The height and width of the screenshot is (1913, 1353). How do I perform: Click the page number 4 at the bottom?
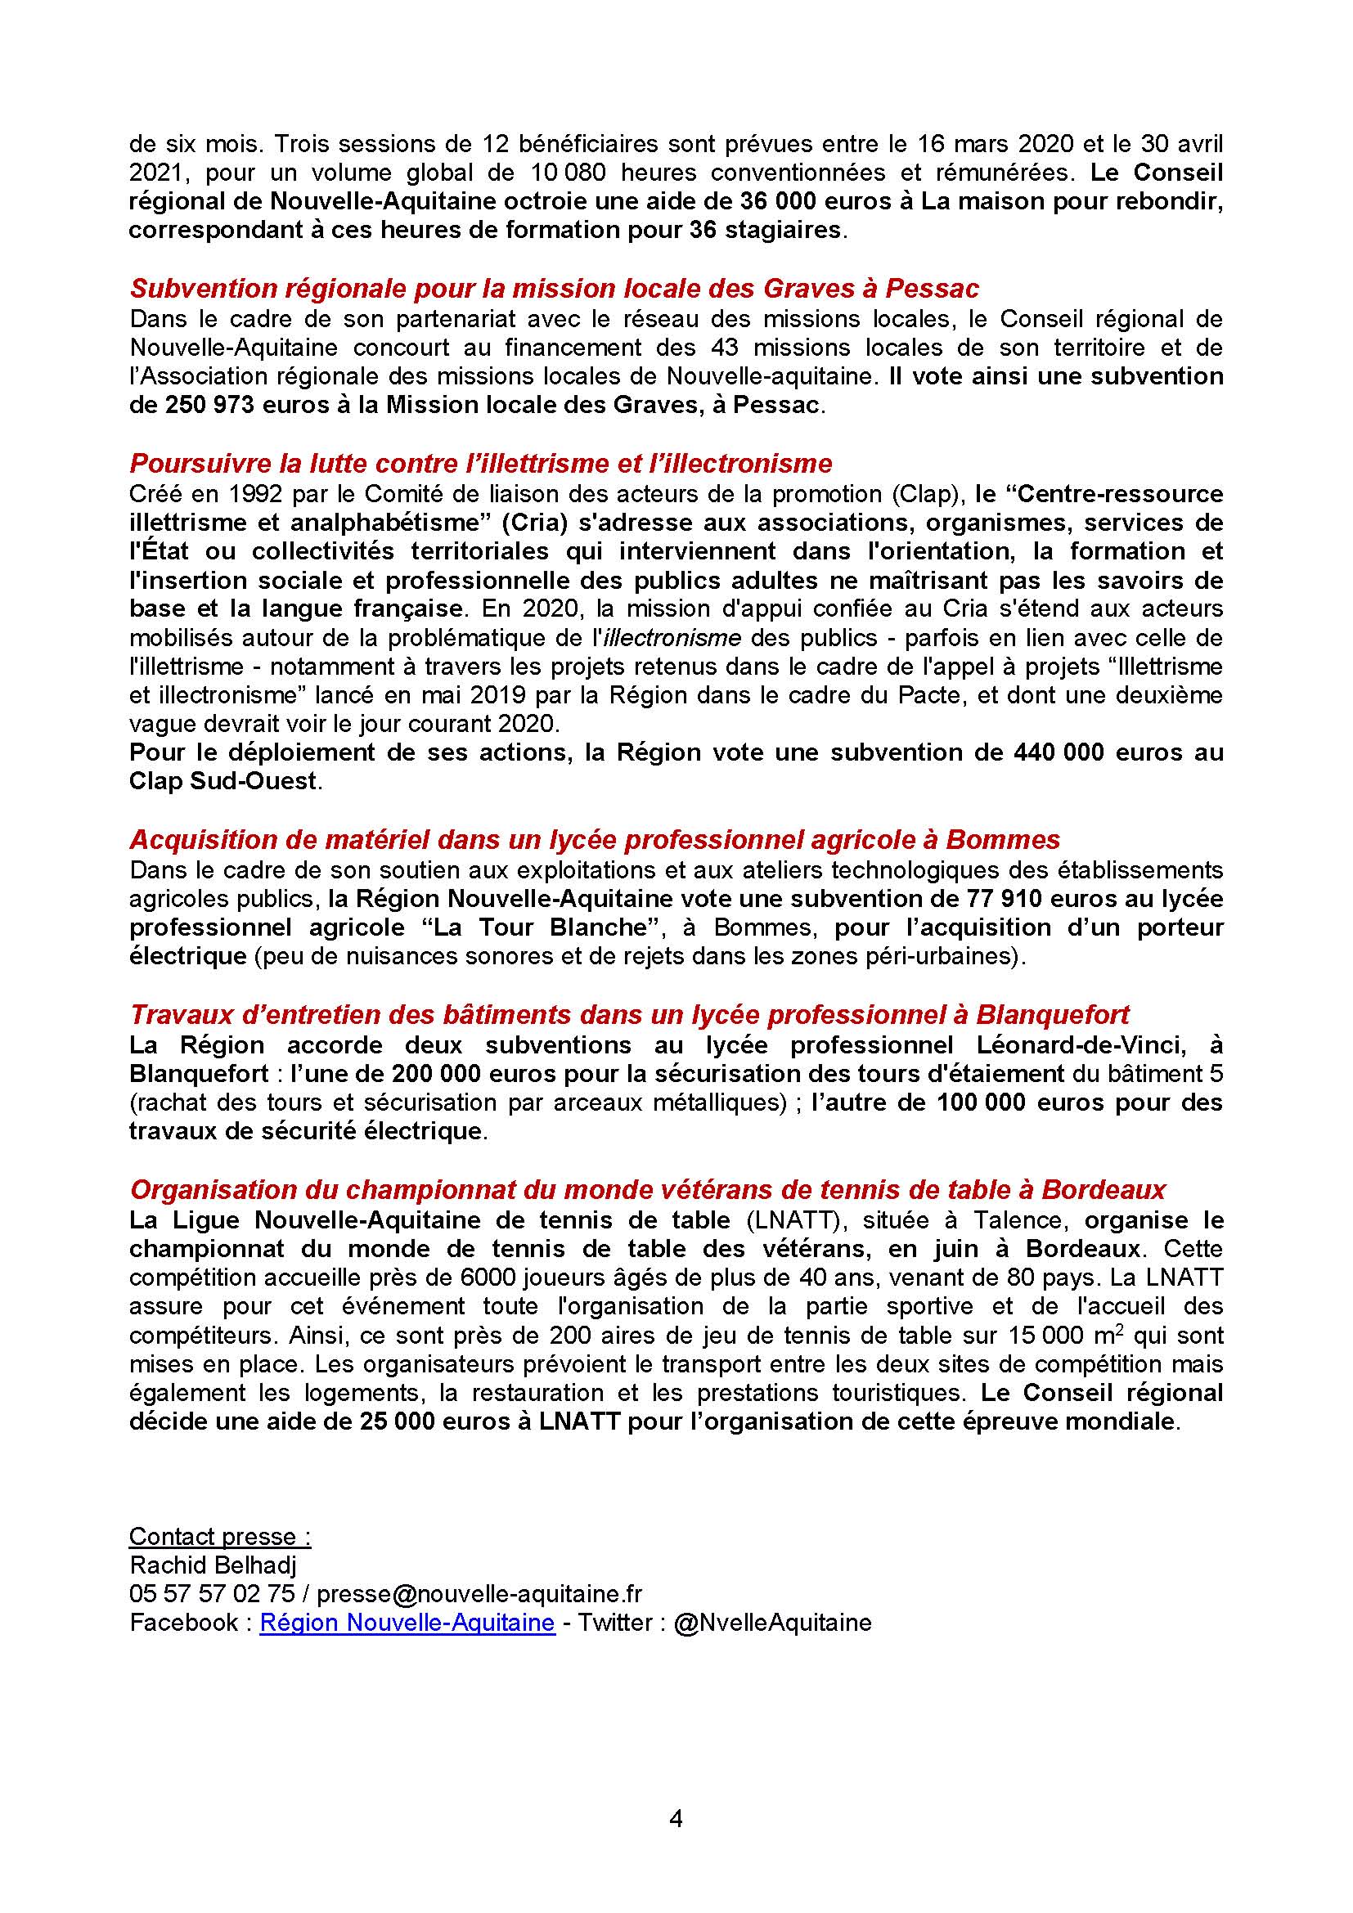tap(676, 1819)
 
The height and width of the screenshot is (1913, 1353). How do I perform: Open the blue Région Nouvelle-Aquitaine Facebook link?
tap(407, 1622)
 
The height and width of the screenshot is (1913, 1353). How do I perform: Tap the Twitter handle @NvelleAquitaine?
tap(771, 1622)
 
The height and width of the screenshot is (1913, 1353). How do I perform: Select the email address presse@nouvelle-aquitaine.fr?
tap(480, 1593)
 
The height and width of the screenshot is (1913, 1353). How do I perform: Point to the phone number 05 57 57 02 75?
tap(212, 1593)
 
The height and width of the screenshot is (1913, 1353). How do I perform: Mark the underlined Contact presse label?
tap(220, 1537)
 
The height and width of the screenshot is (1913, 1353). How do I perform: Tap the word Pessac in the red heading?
tap(932, 288)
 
